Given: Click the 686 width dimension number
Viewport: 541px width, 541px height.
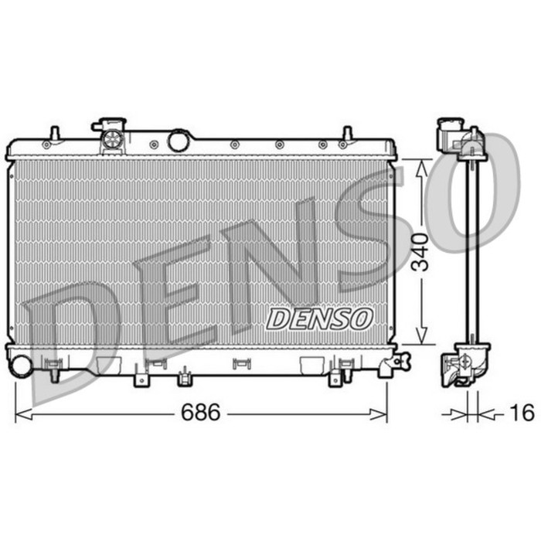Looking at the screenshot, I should pyautogui.click(x=201, y=413).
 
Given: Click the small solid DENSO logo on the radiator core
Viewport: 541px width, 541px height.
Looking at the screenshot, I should pyautogui.click(x=320, y=318).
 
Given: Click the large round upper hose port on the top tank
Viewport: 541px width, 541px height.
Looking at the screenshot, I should pyautogui.click(x=179, y=141).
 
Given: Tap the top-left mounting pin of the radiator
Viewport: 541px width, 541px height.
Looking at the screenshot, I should pyautogui.click(x=53, y=133).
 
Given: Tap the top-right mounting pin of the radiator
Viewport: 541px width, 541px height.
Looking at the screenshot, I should pyautogui.click(x=347, y=134).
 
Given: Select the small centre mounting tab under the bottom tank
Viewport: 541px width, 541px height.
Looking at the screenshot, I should pyautogui.click(x=184, y=377).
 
